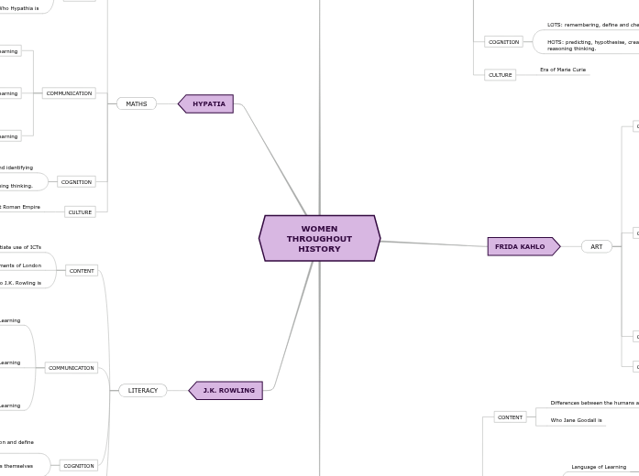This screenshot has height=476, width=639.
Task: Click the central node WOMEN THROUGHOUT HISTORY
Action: point(319,238)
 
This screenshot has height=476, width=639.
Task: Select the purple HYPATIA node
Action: point(208,104)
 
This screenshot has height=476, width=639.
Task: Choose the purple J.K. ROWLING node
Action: point(227,391)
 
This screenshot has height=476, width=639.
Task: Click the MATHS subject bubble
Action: point(137,104)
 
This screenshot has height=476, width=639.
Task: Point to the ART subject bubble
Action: point(597,246)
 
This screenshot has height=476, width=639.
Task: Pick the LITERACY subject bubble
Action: point(143,391)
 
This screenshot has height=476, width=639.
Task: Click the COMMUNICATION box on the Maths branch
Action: point(69,93)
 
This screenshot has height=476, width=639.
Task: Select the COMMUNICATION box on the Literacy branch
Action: point(72,368)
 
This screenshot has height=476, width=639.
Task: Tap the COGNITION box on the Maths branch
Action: point(76,182)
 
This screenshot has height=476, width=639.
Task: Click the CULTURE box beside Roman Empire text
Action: point(81,212)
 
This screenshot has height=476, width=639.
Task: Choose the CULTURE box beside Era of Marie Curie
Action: point(501,75)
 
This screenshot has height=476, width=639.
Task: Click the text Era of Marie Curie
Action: point(563,70)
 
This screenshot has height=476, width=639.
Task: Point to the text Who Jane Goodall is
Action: point(576,420)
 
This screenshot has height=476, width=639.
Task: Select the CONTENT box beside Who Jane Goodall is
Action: point(510,417)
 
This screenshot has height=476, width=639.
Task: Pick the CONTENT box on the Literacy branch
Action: point(82,271)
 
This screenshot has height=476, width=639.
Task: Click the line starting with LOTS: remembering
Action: point(592,26)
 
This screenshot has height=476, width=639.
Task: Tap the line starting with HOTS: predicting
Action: point(592,42)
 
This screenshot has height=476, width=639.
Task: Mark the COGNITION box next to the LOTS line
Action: point(503,42)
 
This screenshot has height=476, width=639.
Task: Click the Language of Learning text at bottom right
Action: point(599,467)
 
